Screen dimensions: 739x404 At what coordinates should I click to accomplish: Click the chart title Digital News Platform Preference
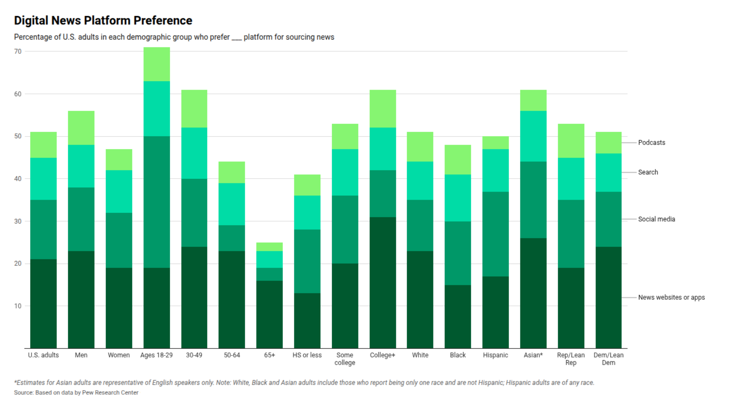(x=103, y=20)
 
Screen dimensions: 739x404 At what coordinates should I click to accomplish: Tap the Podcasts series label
(x=652, y=142)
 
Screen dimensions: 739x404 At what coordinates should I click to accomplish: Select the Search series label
(x=648, y=172)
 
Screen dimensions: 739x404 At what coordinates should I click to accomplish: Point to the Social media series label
(x=657, y=219)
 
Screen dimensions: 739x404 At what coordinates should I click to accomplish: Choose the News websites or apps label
(x=672, y=297)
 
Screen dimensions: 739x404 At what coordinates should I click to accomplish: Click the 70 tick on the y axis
(x=18, y=51)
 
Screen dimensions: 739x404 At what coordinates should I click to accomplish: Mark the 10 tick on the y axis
(x=18, y=306)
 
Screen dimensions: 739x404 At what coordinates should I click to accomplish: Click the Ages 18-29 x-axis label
(x=157, y=355)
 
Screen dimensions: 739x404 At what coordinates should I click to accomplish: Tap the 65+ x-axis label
(x=269, y=355)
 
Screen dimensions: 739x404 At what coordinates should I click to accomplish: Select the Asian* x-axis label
(x=533, y=355)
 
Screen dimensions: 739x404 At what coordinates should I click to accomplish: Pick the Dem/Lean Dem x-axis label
(x=609, y=359)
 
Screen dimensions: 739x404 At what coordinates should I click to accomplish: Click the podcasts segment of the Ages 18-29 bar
(x=157, y=64)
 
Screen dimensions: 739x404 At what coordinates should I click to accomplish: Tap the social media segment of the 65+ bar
(x=269, y=274)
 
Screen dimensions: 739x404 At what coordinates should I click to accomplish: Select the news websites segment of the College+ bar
(x=383, y=283)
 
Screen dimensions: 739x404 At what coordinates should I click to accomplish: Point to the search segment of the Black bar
(x=458, y=198)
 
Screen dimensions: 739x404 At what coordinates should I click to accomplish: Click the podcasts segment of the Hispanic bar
(x=495, y=143)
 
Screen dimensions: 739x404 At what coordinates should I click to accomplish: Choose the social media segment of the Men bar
(x=81, y=219)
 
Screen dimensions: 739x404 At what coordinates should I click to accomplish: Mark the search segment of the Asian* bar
(x=533, y=136)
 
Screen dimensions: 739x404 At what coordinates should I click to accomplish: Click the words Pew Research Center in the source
(x=110, y=392)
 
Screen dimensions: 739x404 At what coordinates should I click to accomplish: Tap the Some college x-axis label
(x=345, y=359)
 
